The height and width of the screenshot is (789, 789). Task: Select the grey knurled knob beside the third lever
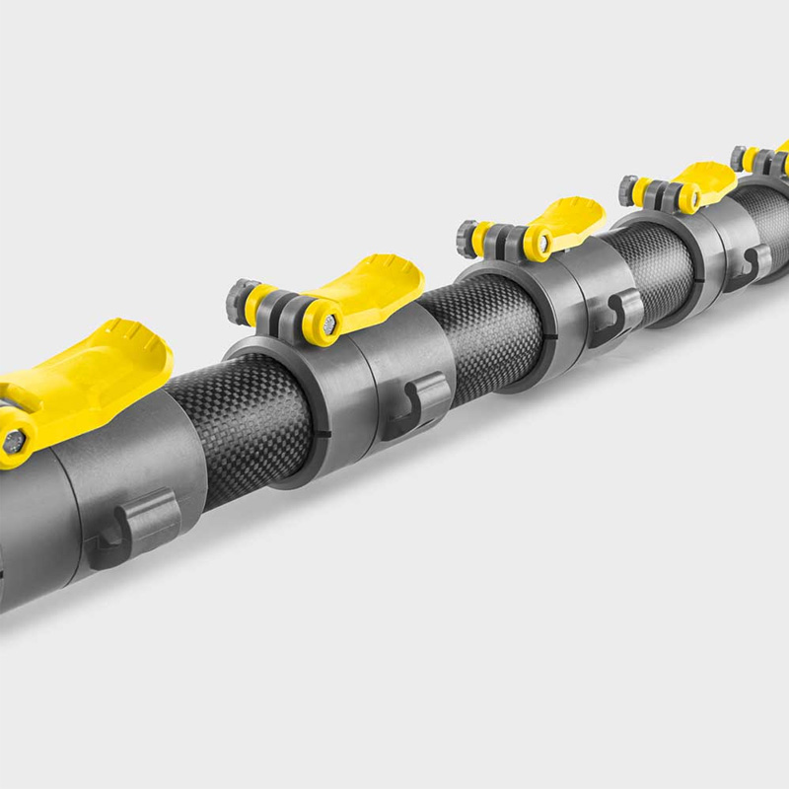[x=466, y=238]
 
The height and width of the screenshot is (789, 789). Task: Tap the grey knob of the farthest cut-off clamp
[x=738, y=157]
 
